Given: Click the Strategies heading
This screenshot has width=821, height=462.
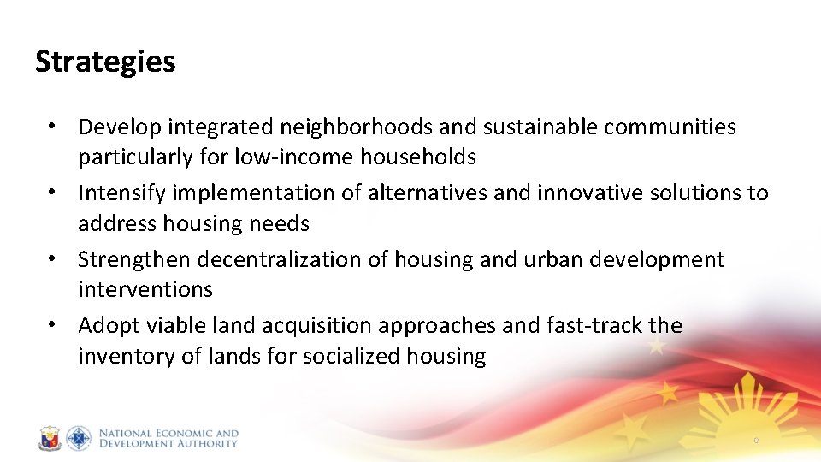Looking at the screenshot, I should tap(105, 62).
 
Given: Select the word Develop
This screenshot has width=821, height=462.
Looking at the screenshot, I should tap(120, 127).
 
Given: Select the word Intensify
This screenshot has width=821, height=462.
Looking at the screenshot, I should tap(120, 193).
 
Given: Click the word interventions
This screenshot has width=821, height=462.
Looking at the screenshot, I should tap(145, 289).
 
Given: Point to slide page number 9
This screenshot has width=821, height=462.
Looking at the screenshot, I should tap(756, 441).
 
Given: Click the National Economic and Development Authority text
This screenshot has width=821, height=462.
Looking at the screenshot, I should tap(168, 438).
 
